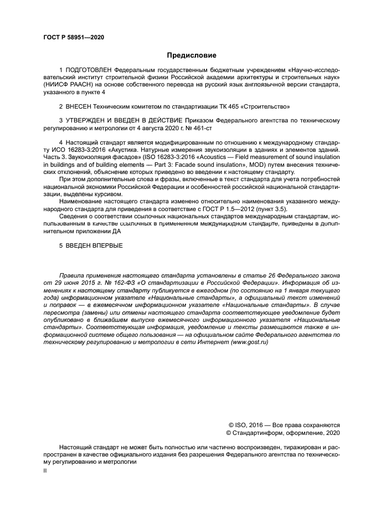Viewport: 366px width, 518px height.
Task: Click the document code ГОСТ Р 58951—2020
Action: (x=74, y=37)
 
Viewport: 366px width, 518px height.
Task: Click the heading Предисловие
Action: (x=192, y=55)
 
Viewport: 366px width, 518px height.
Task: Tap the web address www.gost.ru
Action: (x=250, y=343)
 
